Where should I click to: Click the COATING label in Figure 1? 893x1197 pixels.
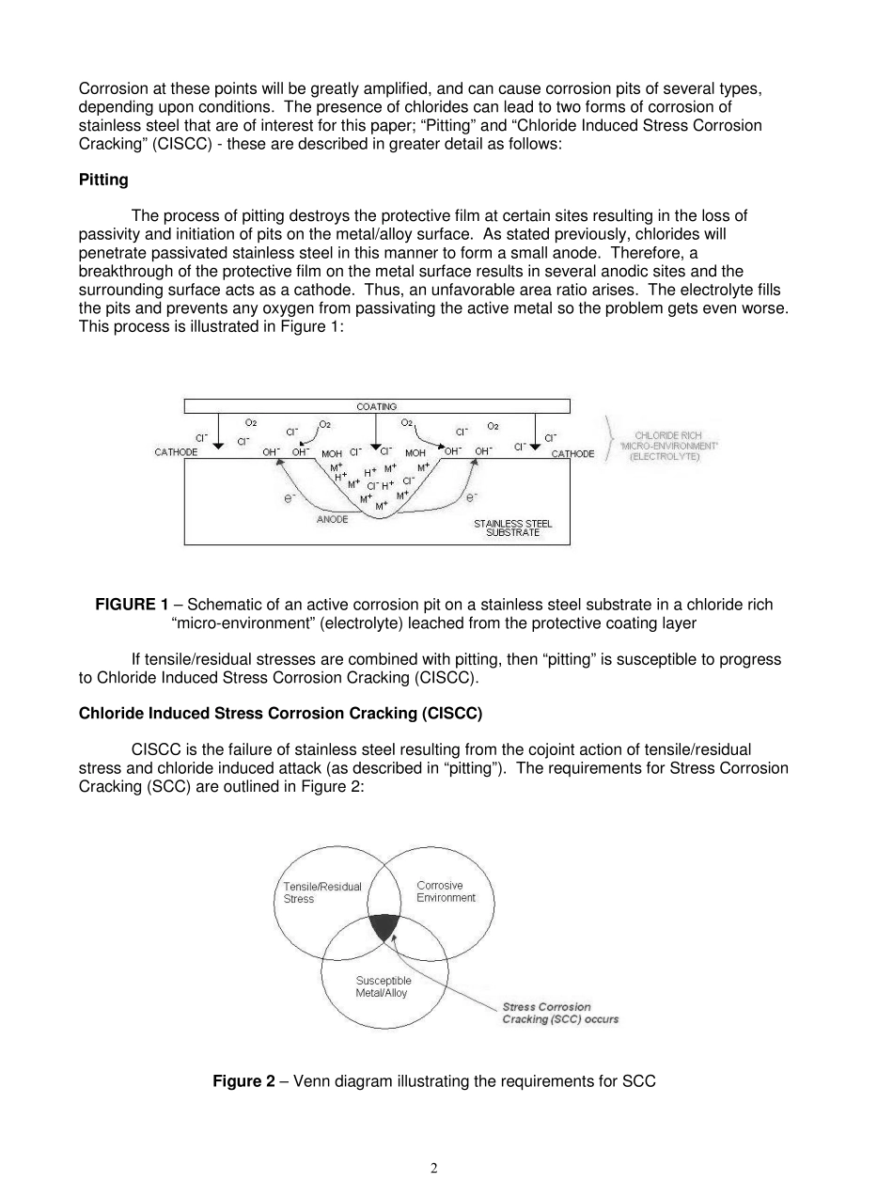[376, 406]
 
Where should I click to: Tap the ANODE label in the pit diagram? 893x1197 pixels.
[332, 519]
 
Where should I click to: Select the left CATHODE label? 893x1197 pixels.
[176, 453]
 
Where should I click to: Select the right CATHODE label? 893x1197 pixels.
[572, 454]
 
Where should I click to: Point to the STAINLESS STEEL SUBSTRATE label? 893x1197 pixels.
[512, 528]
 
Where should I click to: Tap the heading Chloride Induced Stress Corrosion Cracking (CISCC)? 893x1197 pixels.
[280, 714]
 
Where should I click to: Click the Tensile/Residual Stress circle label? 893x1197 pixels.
[322, 892]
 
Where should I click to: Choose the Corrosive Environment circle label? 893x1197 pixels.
[446, 891]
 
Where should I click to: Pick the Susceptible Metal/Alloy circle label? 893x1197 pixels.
[383, 986]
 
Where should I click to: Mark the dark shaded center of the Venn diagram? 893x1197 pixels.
[384, 926]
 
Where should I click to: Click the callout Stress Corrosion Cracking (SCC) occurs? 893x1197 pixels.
[560, 1014]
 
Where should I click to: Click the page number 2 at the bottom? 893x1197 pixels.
[433, 1169]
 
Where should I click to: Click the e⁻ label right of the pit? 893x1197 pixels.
[472, 496]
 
